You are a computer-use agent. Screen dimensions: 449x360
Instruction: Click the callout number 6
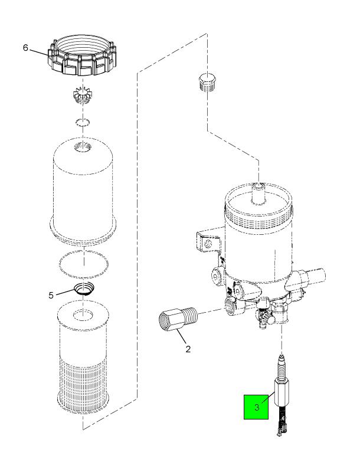tap(25, 48)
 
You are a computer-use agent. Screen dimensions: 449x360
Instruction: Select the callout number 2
tap(188, 349)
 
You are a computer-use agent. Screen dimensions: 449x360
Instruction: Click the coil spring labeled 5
tap(84, 290)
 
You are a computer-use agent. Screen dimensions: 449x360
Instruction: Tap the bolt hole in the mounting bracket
tap(206, 241)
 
